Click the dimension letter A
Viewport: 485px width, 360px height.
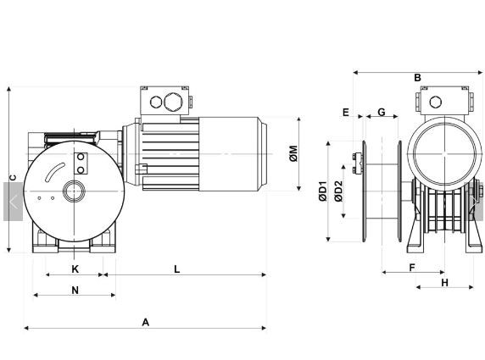146,322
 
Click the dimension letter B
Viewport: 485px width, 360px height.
417,79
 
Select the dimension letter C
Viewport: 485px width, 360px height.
12,177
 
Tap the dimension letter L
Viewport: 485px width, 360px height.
176,269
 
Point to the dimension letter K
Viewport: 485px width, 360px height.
75,269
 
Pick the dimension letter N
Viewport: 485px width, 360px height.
75,291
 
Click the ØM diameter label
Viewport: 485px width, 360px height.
293,155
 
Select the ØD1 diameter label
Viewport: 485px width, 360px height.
323,191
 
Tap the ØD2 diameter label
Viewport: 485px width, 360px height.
338,191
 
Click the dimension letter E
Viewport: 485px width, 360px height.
346,112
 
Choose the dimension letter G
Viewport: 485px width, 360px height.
382,112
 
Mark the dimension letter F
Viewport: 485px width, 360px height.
412,268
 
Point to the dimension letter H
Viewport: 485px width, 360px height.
444,282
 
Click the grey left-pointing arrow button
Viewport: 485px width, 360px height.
13,202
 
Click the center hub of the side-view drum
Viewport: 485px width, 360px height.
75,191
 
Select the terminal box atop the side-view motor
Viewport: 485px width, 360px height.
167,102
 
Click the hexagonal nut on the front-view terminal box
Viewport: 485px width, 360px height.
435,102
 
